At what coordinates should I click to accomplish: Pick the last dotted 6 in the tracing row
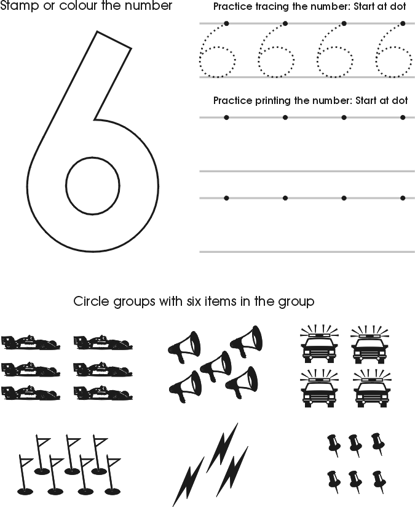point(393,52)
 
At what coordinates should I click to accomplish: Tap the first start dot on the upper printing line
point(226,117)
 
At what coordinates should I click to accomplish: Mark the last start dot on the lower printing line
point(403,198)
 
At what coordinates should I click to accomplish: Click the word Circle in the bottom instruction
point(90,301)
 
